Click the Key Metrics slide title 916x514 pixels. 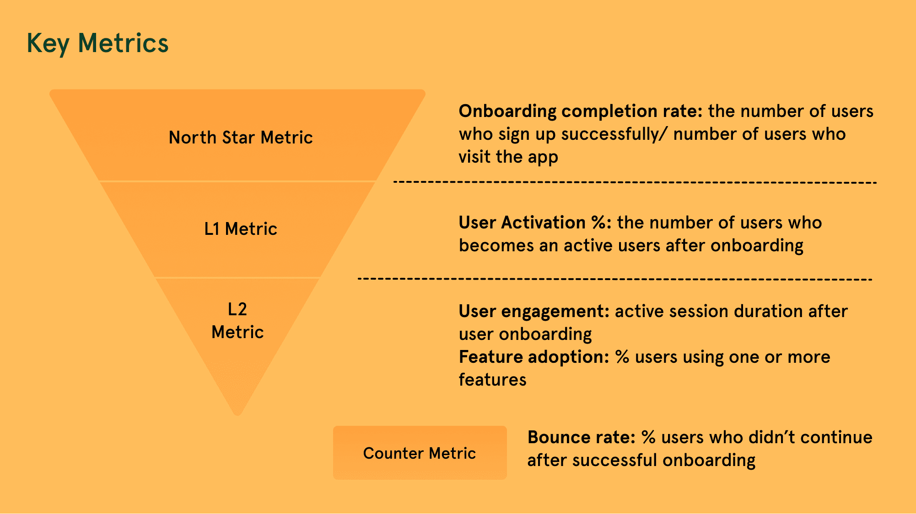[97, 44]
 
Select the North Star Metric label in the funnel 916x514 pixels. [241, 138]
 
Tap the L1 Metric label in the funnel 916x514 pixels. [241, 229]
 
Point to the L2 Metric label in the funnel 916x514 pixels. [237, 321]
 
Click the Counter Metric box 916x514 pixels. [420, 453]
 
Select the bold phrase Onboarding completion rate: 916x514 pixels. [581, 111]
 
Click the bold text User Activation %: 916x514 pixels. [535, 223]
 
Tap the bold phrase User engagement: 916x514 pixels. [534, 312]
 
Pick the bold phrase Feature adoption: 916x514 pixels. [534, 357]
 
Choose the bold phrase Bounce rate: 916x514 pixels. [582, 437]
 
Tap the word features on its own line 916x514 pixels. [493, 380]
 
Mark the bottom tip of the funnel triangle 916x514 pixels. [237, 415]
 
